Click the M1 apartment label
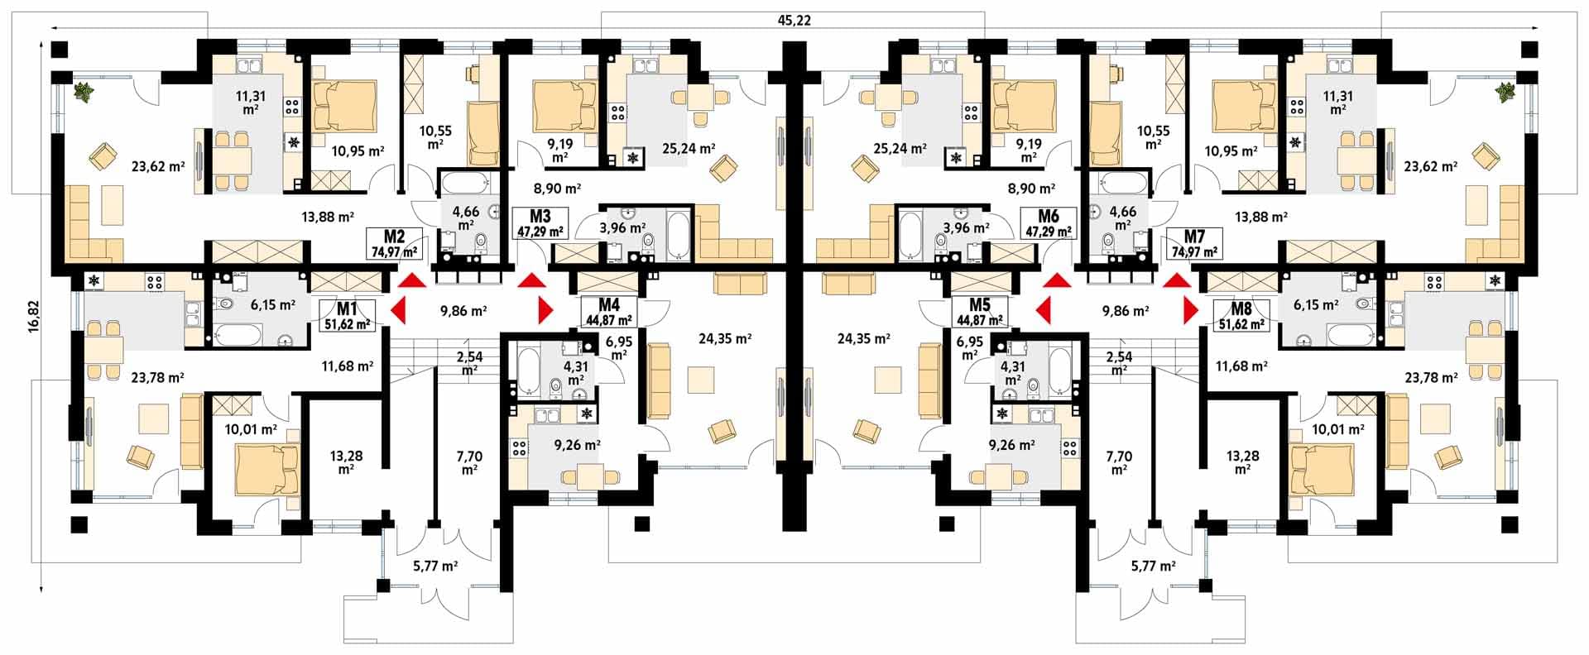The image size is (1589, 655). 347,308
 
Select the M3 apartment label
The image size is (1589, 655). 540,216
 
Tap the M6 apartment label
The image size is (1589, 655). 1049,216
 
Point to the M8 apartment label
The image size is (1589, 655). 1241,309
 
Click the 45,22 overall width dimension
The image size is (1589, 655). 795,21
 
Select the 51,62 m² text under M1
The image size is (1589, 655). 347,323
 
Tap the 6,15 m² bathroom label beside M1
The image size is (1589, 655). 273,304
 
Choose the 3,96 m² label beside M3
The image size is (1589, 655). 622,227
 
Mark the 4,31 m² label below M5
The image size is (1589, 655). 1011,373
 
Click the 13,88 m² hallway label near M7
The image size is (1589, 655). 1258,217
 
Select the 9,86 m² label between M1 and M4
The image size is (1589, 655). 463,312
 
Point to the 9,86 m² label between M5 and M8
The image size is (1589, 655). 1126,312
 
